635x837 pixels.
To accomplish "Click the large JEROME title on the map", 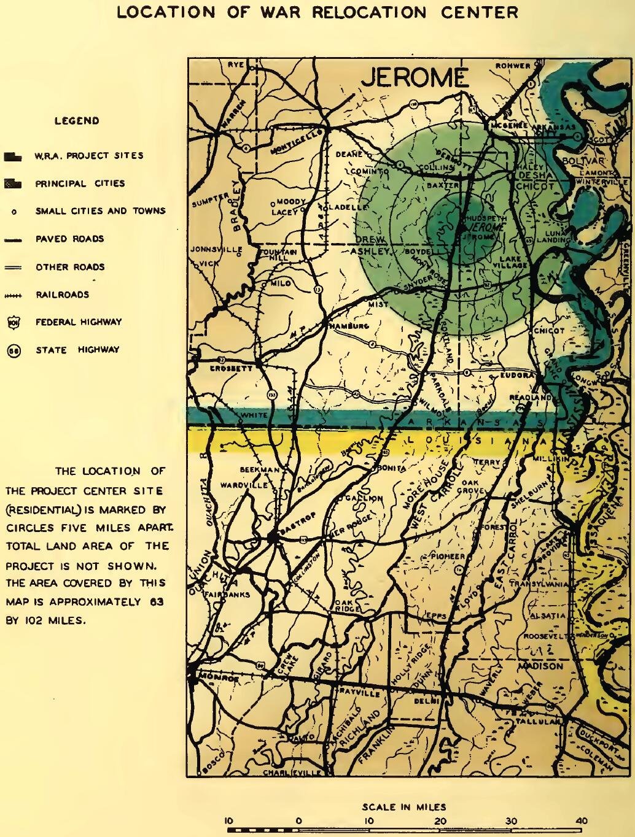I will [x=415, y=78].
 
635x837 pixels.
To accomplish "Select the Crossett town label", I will [x=232, y=369].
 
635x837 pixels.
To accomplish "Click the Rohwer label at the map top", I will [x=513, y=66].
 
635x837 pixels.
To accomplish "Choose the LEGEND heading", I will [x=77, y=121].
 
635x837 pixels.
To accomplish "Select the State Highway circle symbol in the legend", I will [x=13, y=350].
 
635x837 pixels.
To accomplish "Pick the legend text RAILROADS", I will [x=62, y=295].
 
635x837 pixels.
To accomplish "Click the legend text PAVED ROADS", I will [x=69, y=239].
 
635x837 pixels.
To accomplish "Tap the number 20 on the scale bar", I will [x=440, y=820].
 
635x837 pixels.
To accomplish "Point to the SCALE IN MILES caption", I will [x=404, y=807].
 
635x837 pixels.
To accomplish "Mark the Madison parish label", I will [x=540, y=666].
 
